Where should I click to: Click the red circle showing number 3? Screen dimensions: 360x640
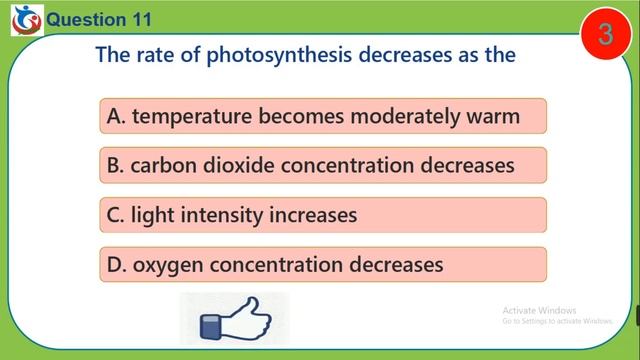605,36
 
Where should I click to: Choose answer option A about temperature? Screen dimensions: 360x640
322,117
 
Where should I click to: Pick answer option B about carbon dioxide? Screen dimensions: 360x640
322,165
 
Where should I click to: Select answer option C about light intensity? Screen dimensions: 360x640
322,214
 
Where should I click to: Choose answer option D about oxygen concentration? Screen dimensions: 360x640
322,264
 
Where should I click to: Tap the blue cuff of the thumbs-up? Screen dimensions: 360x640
212,327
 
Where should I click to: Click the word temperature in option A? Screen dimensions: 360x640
192,117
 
